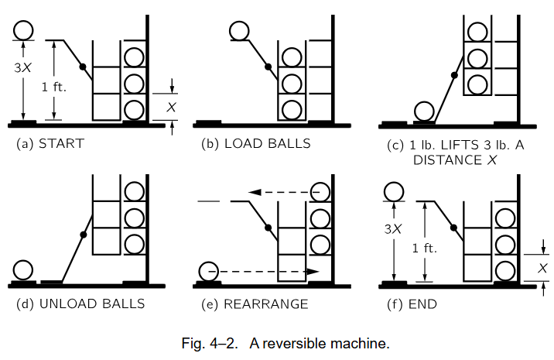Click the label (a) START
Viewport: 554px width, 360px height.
pyautogui.click(x=50, y=143)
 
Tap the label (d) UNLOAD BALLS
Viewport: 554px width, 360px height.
pyautogui.click(x=80, y=303)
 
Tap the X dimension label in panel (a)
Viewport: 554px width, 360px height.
pyautogui.click(x=172, y=107)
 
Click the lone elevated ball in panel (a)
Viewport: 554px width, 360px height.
pyautogui.click(x=23, y=30)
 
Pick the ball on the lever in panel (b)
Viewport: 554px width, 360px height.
pyautogui.click(x=239, y=31)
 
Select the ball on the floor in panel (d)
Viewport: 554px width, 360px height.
pyautogui.click(x=22, y=269)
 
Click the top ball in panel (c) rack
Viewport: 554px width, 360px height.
pyautogui.click(x=477, y=32)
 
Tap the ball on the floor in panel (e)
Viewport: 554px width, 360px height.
pyautogui.click(x=209, y=272)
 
